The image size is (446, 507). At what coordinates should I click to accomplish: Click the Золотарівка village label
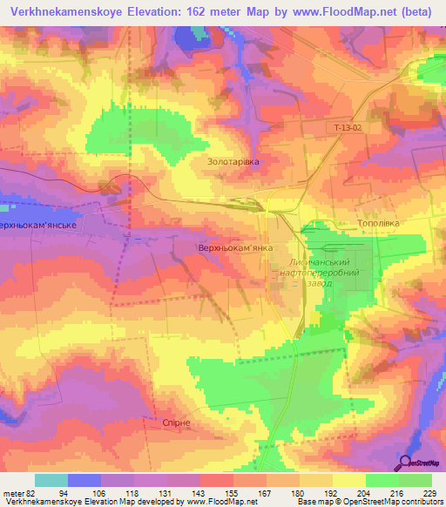click(234, 162)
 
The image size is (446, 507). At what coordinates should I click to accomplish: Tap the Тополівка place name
click(378, 224)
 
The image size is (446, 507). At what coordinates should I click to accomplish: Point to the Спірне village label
click(176, 422)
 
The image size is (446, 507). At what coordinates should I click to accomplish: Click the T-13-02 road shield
click(347, 128)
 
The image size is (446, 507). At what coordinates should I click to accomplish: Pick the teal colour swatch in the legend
click(51, 480)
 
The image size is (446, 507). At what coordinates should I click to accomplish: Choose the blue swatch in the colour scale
click(84, 480)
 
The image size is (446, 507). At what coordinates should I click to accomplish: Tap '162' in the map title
click(199, 11)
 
